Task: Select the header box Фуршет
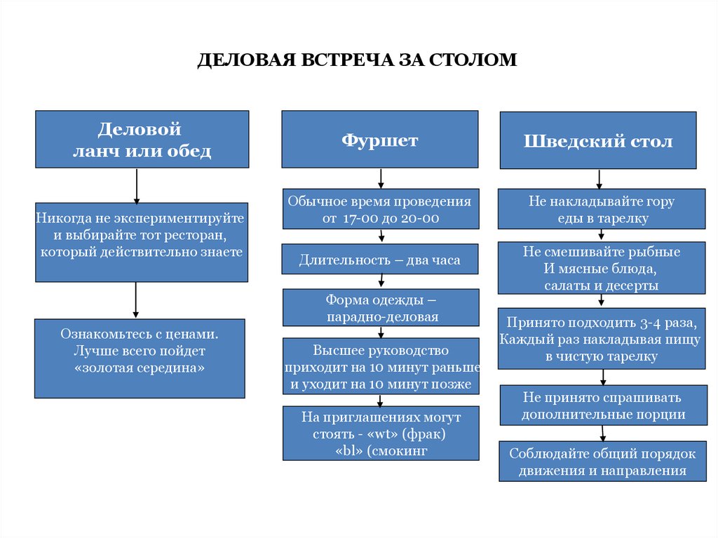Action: click(x=380, y=140)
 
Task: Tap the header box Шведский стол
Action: click(x=597, y=140)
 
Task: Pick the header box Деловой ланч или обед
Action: click(x=142, y=140)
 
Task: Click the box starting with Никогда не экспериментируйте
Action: click(x=142, y=242)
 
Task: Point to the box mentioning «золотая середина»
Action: click(x=140, y=358)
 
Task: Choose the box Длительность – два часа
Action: click(x=380, y=260)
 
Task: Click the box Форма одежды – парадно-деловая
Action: click(x=380, y=308)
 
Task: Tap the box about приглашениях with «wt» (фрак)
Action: click(x=380, y=433)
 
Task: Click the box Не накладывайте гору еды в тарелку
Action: click(x=602, y=209)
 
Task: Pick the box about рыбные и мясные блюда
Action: click(x=602, y=268)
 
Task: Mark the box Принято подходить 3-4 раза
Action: click(x=602, y=339)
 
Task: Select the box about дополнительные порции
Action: click(x=602, y=405)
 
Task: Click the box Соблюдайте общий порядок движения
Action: click(x=602, y=462)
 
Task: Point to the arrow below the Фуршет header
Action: click(x=380, y=178)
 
